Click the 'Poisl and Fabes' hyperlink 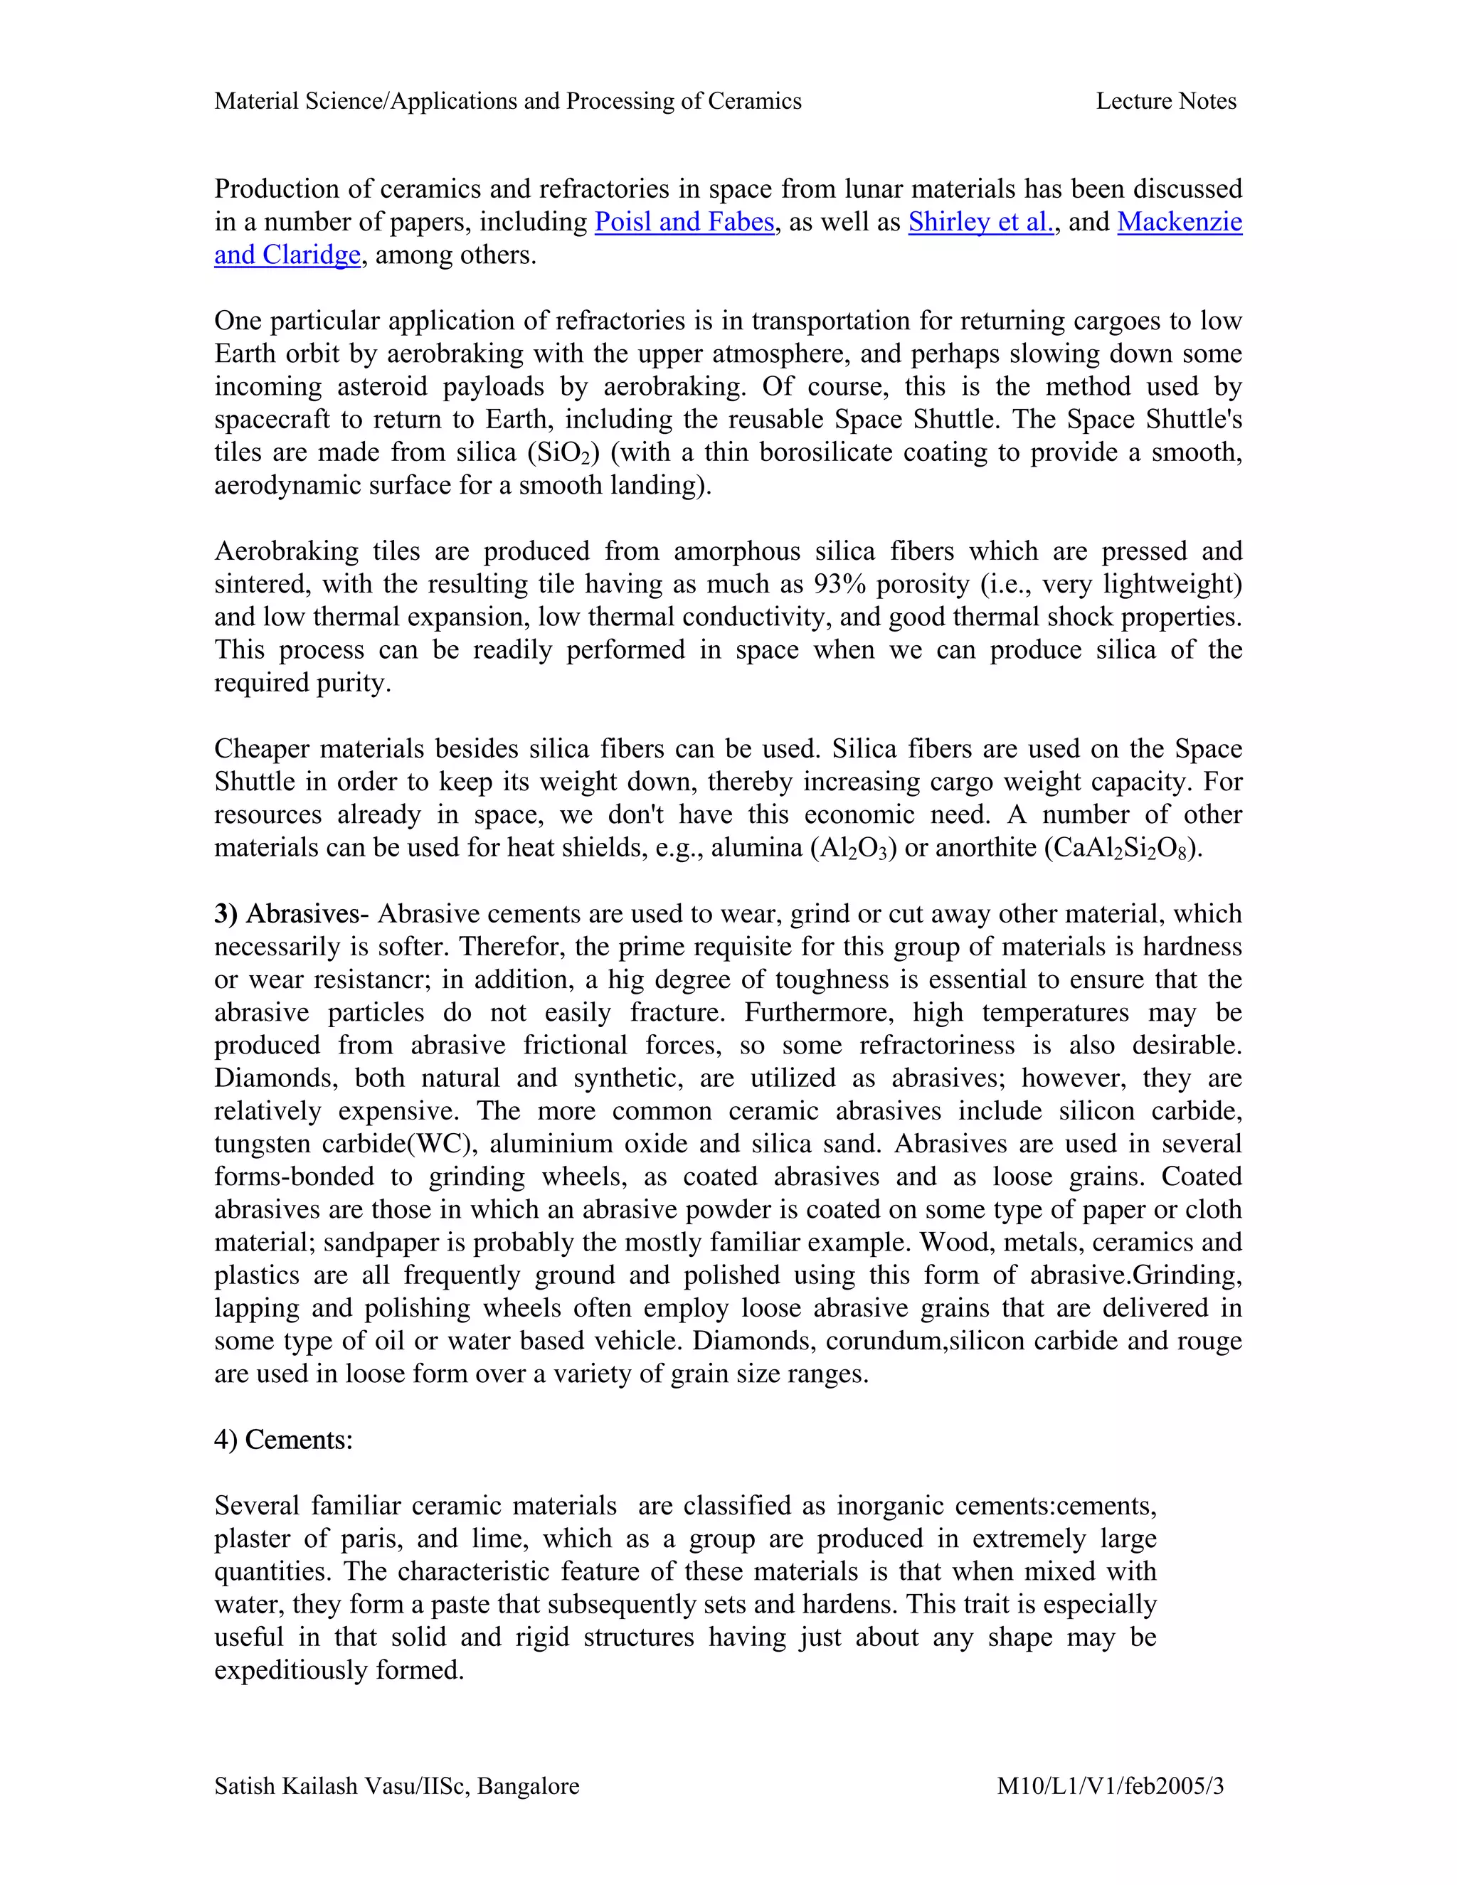[684, 222]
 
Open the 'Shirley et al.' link [980, 222]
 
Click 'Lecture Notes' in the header [1165, 101]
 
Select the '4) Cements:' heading [283, 1439]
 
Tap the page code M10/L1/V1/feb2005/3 [1110, 1785]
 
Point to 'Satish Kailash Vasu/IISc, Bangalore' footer [396, 1785]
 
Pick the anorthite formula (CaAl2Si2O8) [1122, 848]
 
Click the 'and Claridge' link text [287, 255]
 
